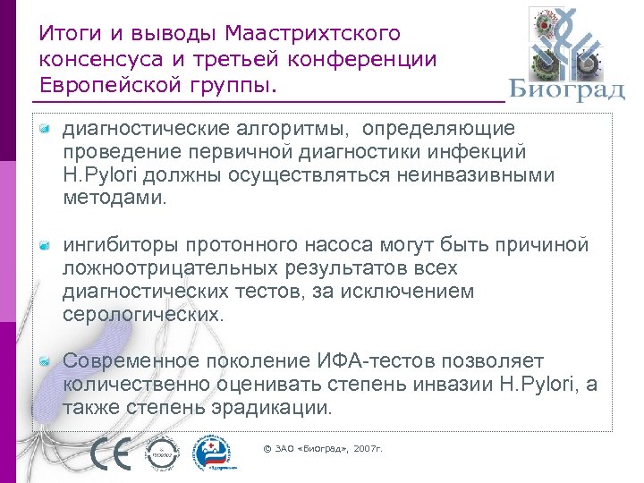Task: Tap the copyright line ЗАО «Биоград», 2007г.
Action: coord(323,447)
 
